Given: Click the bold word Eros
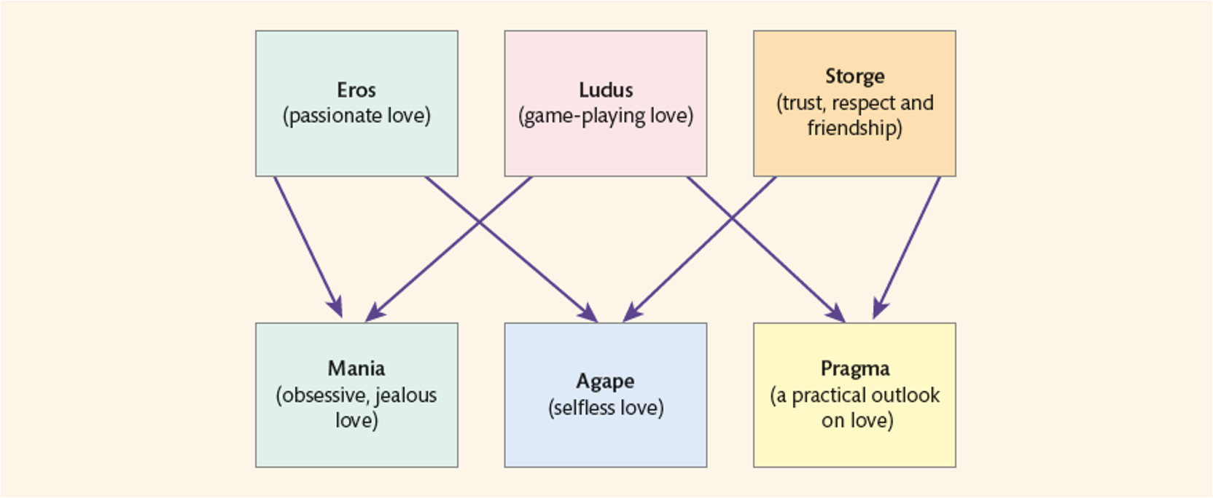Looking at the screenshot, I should pos(356,90).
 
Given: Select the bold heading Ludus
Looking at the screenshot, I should pos(606,90).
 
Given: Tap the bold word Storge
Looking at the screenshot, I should pos(854,76).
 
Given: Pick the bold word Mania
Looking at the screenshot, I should pos(356,368).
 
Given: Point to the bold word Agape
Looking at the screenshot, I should pos(605,382).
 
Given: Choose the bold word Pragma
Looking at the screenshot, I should pos(855,368).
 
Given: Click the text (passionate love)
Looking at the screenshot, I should pos(356,116).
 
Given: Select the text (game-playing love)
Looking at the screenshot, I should pos(606,116).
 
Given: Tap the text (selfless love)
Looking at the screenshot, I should pos(606,408).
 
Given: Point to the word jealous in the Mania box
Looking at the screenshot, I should pos(405,395).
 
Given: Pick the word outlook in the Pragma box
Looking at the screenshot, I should pos(904,395).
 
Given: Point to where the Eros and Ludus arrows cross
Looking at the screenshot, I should pos(479,221).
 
